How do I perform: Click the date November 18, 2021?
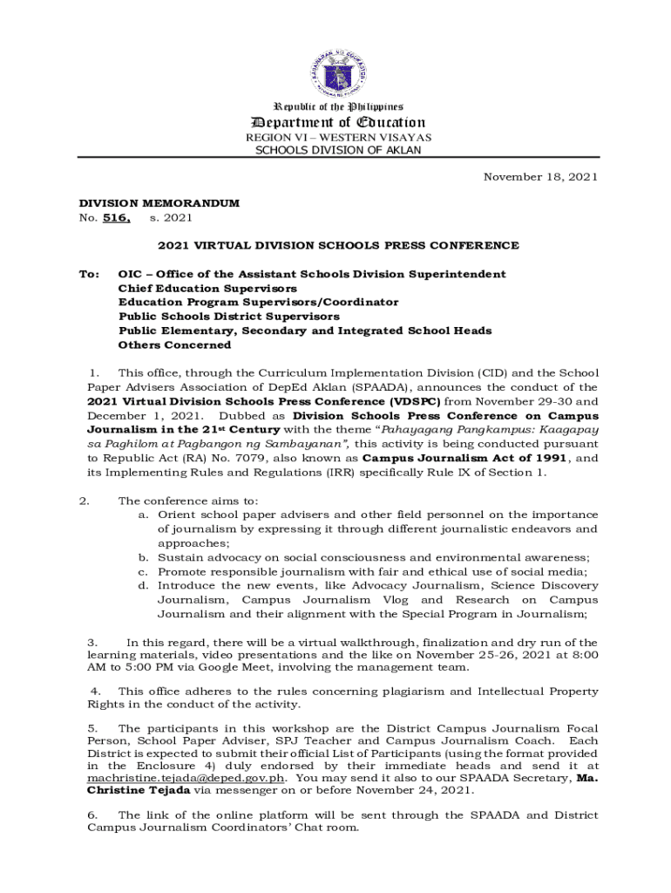540,177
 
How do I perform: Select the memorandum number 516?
116,218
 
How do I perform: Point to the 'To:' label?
90,275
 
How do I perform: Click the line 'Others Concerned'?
174,345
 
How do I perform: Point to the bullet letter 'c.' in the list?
143,572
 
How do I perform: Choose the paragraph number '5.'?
92,728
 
